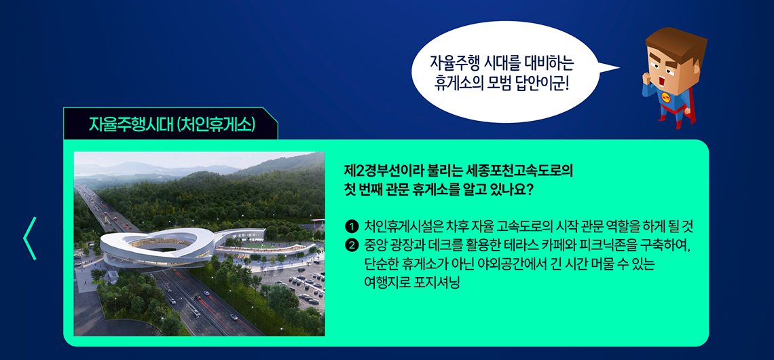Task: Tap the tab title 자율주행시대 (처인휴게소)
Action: pos(172,124)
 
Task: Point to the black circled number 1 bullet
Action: pos(352,227)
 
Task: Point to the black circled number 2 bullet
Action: pos(352,245)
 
